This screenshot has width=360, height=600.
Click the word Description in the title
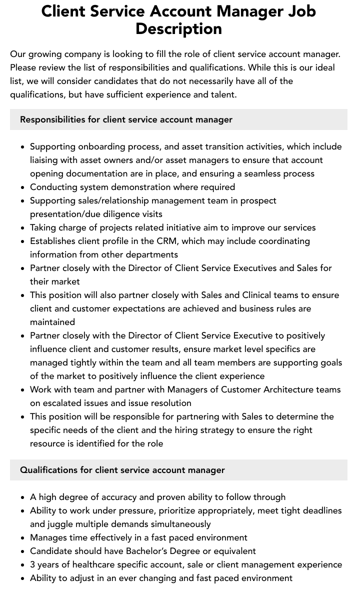click(x=178, y=28)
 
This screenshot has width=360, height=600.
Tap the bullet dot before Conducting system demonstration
click(x=22, y=187)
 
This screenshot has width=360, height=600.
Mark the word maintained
click(x=52, y=322)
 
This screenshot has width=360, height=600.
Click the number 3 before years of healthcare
click(x=32, y=564)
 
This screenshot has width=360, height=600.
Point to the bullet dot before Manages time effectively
click(x=22, y=538)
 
